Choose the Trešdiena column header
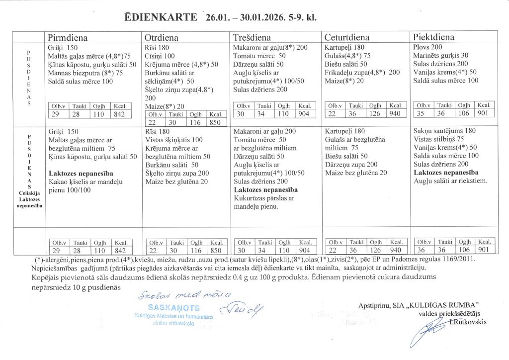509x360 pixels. pyautogui.click(x=252, y=38)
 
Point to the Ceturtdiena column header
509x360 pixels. pyautogui.click(x=346, y=38)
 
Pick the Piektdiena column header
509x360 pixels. pyautogui.click(x=433, y=38)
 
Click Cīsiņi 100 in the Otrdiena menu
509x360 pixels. pyautogui.click(x=160, y=56)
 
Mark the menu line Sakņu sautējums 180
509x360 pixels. pyautogui.click(x=444, y=131)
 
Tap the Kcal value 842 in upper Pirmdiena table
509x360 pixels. pyautogui.click(x=121, y=114)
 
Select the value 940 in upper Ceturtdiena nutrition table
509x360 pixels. pyautogui.click(x=396, y=114)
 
